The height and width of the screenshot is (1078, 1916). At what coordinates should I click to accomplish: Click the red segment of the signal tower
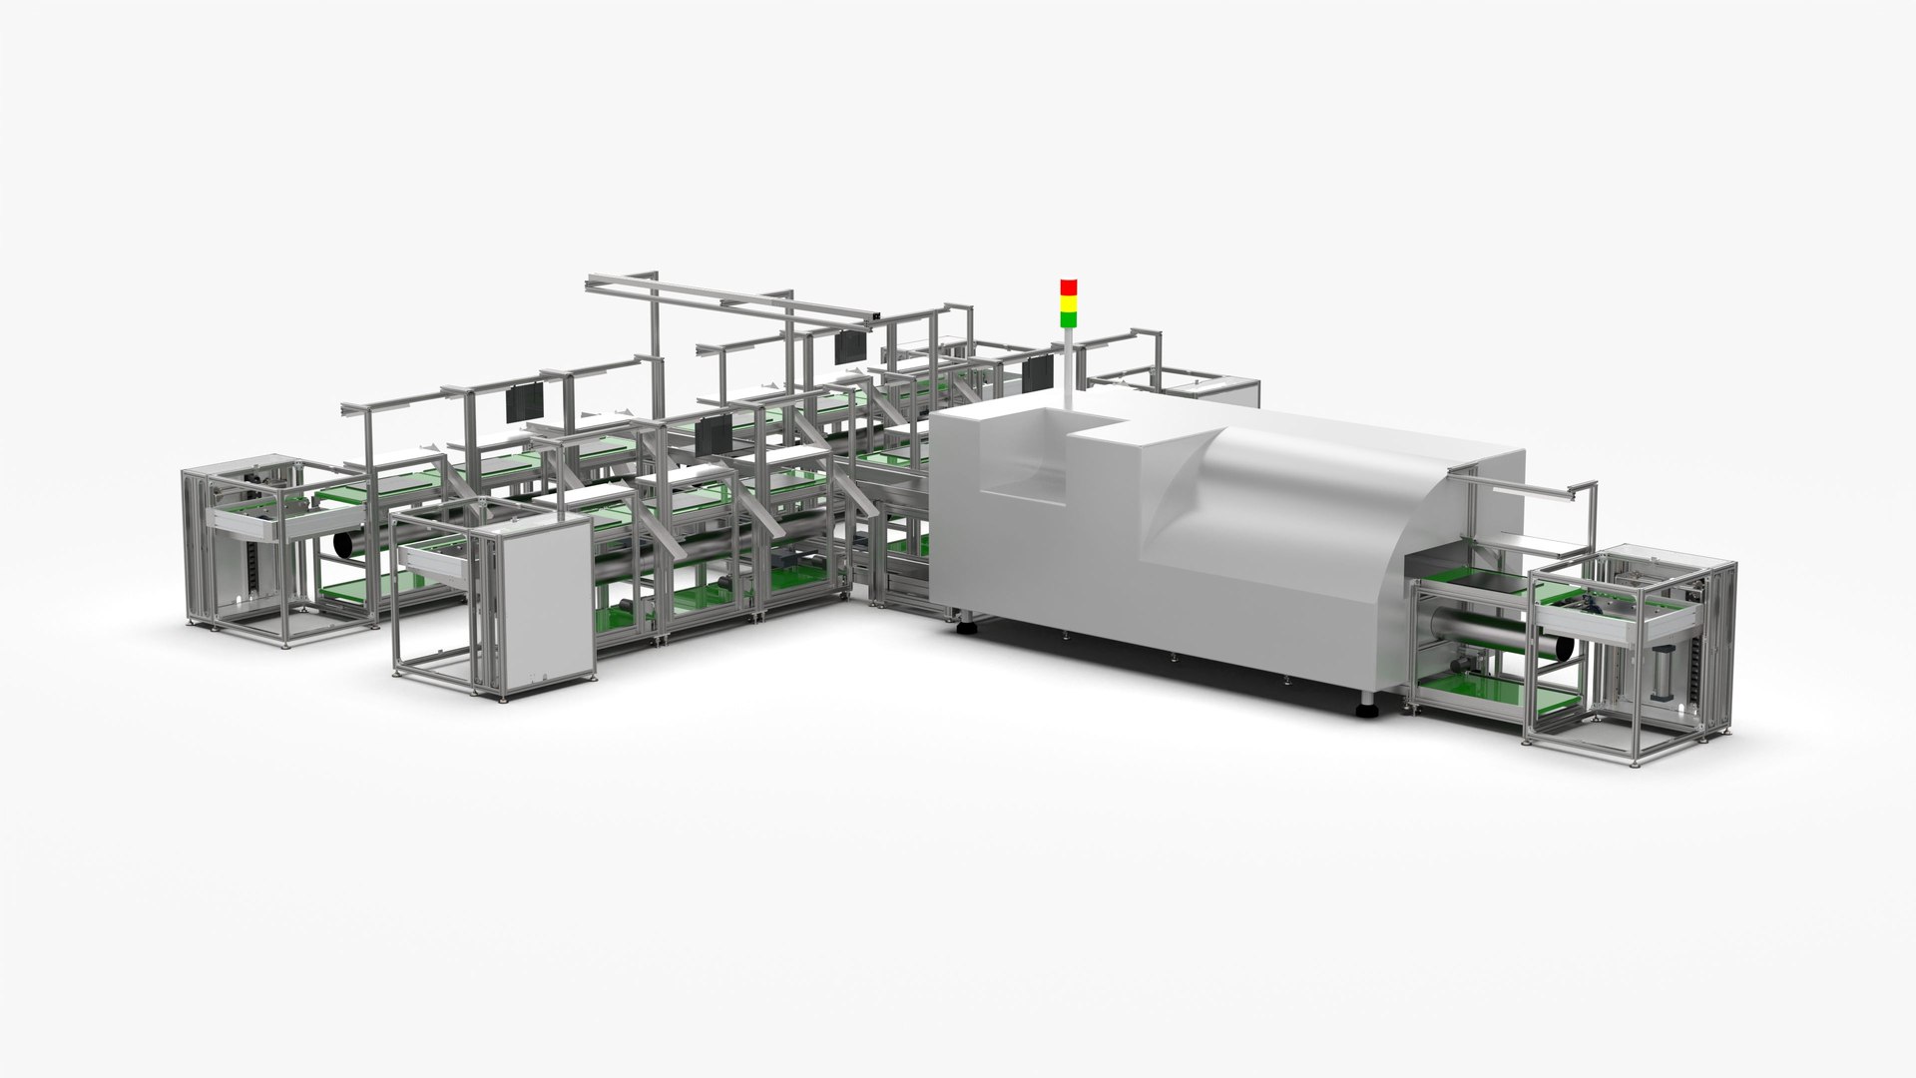tap(1068, 287)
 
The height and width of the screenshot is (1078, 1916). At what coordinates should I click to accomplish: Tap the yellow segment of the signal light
tap(1068, 303)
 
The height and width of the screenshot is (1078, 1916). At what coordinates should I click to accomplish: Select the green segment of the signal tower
tap(1068, 319)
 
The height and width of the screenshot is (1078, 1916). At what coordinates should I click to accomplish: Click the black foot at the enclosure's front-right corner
tap(1363, 711)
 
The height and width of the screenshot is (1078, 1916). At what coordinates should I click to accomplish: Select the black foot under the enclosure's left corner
tap(966, 629)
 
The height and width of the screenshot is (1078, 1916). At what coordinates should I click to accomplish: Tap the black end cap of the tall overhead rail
tap(875, 319)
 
